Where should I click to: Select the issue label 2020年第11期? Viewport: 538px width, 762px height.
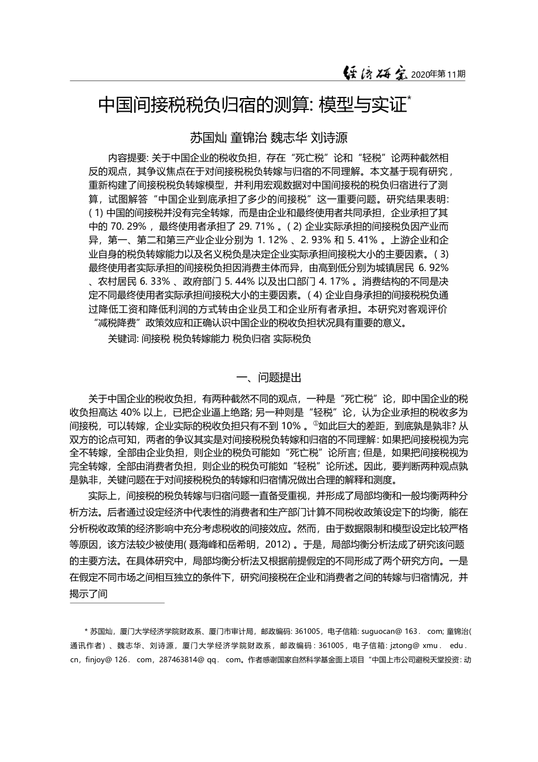coord(438,74)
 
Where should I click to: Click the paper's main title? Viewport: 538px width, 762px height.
coord(253,105)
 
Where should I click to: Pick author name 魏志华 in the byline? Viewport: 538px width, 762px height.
coord(289,137)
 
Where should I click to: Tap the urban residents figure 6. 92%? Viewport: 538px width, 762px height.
coord(433,267)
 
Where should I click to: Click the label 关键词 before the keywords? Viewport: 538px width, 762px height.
coord(123,339)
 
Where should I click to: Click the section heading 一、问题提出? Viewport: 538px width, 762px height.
coord(268,378)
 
